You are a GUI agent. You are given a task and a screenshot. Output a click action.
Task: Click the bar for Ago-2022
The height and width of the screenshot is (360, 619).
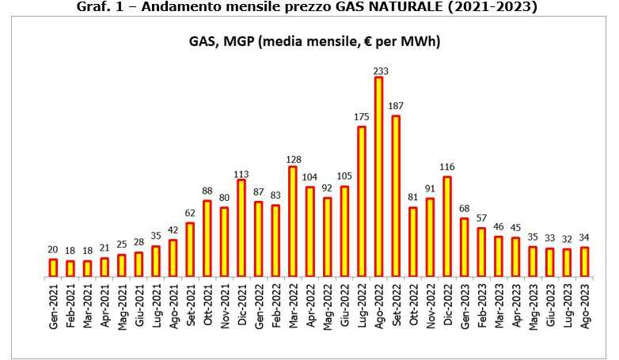pos(378,177)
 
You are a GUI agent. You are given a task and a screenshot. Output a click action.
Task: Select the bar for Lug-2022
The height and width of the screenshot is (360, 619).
pos(362,202)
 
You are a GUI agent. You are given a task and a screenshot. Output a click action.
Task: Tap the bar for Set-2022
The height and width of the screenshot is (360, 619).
pos(396,197)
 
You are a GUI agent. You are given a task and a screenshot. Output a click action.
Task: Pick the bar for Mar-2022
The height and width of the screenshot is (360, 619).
pos(293,222)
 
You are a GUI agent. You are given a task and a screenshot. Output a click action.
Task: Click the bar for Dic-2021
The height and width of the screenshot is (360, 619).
pos(241,228)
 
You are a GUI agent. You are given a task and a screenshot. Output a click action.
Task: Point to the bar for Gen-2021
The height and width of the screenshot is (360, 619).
pos(52,267)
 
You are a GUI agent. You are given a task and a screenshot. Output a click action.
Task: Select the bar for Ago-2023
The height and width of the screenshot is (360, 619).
pos(585,262)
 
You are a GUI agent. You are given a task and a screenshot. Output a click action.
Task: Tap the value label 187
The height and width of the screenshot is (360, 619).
pos(396,106)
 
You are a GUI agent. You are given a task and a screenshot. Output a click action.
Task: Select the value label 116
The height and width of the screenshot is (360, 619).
pos(447,169)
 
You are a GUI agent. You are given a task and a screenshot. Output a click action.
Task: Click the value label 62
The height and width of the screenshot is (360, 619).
pos(190,214)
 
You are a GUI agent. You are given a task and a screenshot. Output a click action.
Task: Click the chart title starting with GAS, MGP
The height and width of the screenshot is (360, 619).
pos(309,40)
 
